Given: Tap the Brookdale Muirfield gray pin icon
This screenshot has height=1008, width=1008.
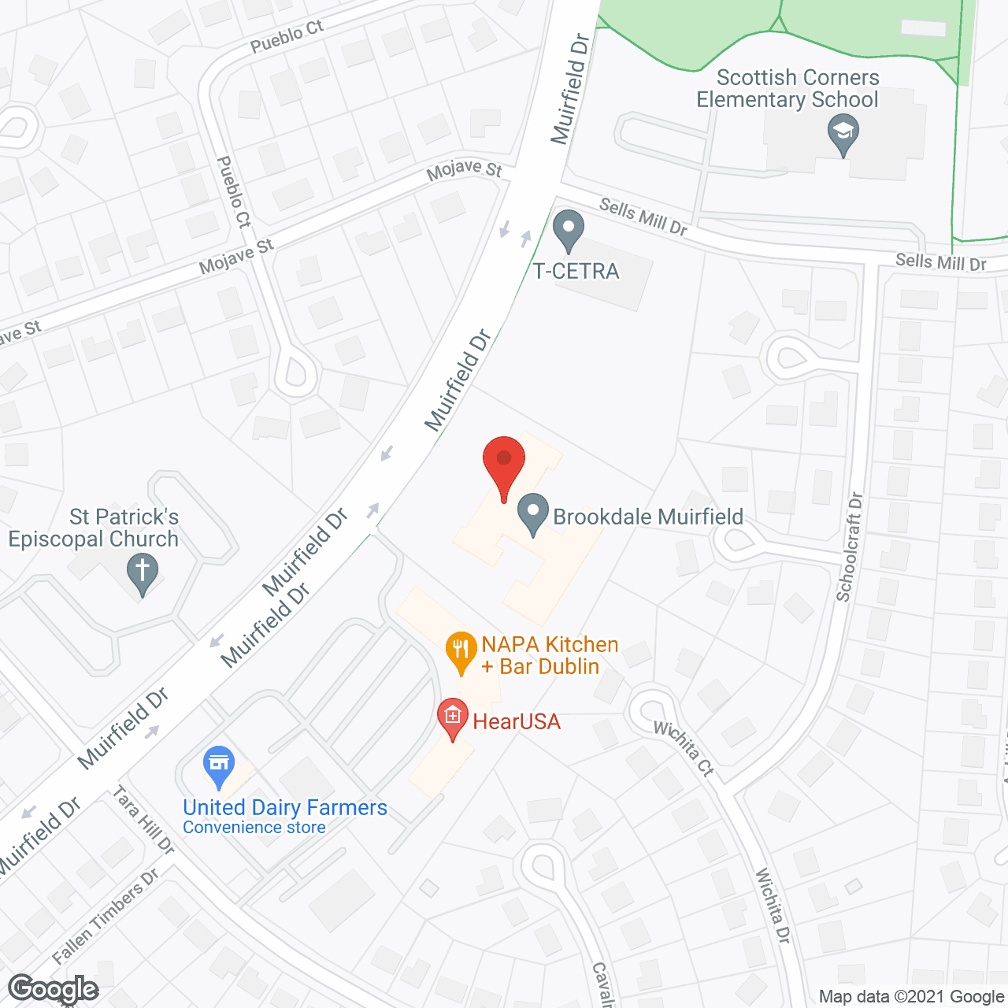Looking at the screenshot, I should pos(533,513).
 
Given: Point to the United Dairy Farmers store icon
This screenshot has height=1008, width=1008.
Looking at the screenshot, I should pos(219,766).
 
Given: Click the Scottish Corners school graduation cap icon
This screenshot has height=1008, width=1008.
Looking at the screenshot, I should pos(843,134).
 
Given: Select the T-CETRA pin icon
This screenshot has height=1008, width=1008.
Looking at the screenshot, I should pos(568,231).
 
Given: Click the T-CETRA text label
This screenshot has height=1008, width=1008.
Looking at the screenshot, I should pos(576,272).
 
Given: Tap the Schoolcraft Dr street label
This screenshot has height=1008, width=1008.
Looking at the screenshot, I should pos(850,547).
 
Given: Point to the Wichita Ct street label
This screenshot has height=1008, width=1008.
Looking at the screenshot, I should pos(684,749).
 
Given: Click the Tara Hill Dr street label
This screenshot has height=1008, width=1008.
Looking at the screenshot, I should pos(144,820).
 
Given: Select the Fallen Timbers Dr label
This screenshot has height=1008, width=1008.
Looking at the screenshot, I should pos(106,917).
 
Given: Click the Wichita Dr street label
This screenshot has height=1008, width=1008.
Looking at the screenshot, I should pos(773,906).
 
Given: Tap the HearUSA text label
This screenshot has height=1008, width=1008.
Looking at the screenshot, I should pos(517,721).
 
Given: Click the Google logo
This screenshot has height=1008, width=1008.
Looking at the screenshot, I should pos(54,989).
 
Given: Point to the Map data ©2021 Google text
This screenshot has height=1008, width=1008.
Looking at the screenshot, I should pos(911,997).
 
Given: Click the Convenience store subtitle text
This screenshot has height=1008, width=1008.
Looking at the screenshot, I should pos(254,828).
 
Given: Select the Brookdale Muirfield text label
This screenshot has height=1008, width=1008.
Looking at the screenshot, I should pos(648,517).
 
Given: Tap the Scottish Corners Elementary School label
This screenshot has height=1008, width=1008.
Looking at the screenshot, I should pos(787,88).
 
